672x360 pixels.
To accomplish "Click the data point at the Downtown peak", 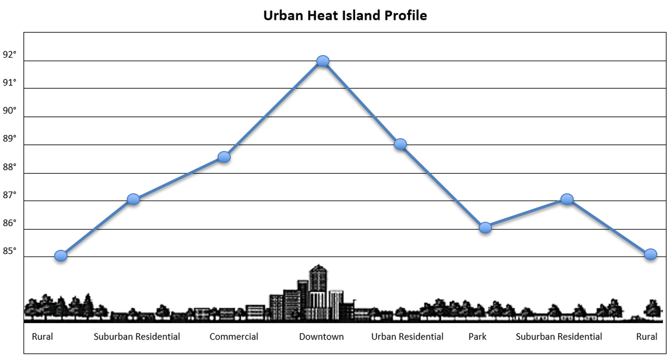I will (x=323, y=61).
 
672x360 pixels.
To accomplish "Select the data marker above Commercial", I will (x=224, y=157).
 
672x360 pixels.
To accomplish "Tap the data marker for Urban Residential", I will (x=400, y=144).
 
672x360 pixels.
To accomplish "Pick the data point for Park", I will (x=485, y=227).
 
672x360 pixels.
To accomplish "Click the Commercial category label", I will (x=234, y=337).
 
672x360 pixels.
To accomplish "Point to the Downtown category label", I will (x=322, y=337).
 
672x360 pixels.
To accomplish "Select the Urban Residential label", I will (x=407, y=337).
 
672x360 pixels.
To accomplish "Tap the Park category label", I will (x=477, y=337).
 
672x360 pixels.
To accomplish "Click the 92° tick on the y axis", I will (x=9, y=55).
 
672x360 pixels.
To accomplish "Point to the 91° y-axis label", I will (x=9, y=83).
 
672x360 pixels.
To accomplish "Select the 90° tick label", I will (x=9, y=111).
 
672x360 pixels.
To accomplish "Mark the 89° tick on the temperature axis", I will (x=9, y=139).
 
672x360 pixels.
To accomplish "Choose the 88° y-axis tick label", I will (x=9, y=167).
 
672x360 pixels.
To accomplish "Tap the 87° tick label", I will (x=9, y=195).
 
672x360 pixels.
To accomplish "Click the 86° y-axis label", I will (x=9, y=223).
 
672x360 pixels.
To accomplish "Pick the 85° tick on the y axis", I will (x=9, y=251).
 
